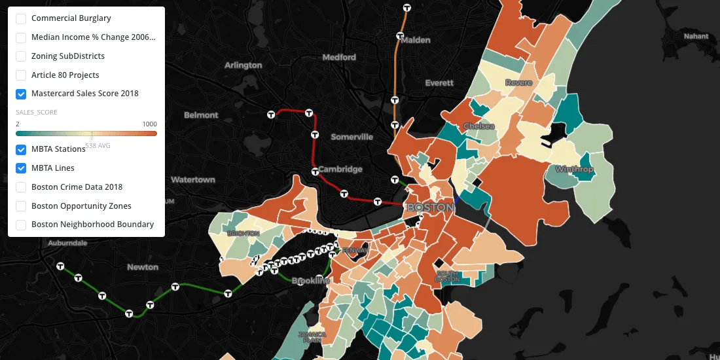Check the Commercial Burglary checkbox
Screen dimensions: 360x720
(x=21, y=19)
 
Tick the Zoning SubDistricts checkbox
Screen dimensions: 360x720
(x=21, y=56)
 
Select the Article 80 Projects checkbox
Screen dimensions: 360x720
(x=21, y=75)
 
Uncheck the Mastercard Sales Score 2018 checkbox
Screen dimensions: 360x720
(x=21, y=94)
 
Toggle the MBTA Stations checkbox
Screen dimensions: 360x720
(x=21, y=149)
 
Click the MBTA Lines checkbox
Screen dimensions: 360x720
(x=21, y=168)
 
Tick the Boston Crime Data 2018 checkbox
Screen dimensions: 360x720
(x=21, y=187)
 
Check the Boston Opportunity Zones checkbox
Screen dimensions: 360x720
(x=21, y=206)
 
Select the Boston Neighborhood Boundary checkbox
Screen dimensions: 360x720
(x=21, y=225)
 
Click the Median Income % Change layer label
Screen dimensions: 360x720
(x=94, y=37)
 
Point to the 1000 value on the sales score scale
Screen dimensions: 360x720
(x=150, y=124)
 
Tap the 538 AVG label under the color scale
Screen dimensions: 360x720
(x=98, y=145)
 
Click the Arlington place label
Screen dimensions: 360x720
(x=243, y=65)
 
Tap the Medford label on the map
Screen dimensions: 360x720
(x=339, y=58)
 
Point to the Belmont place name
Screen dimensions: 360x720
(x=201, y=115)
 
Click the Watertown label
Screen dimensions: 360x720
(x=193, y=180)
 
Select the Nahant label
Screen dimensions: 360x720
(x=696, y=37)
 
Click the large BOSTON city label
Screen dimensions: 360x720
(x=430, y=207)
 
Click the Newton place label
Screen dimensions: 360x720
(x=143, y=267)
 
